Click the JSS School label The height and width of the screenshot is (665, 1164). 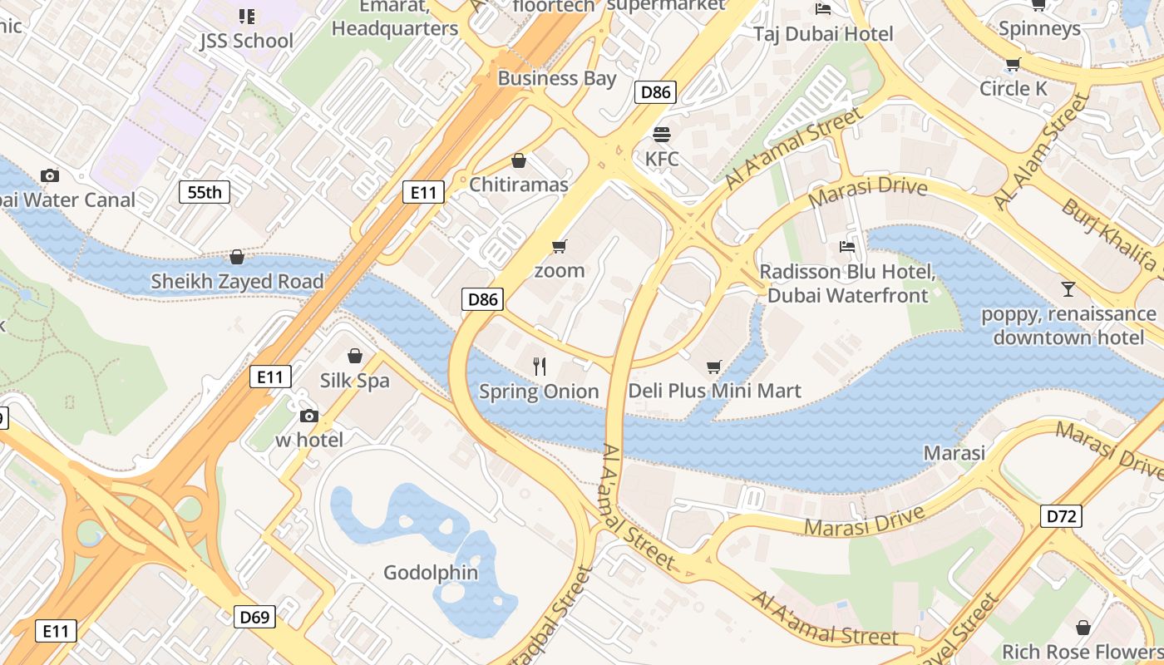(x=246, y=41)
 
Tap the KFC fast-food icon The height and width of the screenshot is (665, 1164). (x=662, y=134)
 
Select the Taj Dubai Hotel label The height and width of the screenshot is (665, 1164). (x=823, y=34)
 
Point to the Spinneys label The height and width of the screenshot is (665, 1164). (x=1039, y=28)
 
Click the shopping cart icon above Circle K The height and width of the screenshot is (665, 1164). (x=1013, y=64)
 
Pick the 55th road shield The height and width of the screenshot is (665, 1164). (x=205, y=193)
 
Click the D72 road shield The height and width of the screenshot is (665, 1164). (x=1061, y=516)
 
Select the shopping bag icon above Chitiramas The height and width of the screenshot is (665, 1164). (x=519, y=160)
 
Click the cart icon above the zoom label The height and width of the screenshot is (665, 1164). (x=559, y=246)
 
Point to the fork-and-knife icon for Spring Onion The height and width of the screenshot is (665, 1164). (x=540, y=366)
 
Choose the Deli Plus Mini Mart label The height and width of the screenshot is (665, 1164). (x=714, y=391)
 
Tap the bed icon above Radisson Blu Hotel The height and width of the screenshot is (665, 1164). (x=847, y=247)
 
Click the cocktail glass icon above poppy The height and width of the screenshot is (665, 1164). (x=1068, y=289)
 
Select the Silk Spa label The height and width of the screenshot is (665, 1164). (x=355, y=380)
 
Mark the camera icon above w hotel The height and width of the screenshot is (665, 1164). (x=309, y=416)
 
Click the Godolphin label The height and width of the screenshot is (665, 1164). (x=431, y=573)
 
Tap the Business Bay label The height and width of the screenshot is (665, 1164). (x=557, y=78)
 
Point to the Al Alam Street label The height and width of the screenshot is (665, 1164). (x=1041, y=152)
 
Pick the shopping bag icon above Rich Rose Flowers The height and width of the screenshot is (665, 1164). (x=1083, y=628)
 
